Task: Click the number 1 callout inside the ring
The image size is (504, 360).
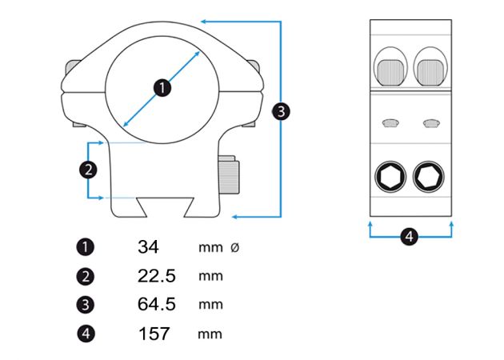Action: [162, 87]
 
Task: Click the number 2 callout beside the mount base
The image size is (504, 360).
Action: [89, 169]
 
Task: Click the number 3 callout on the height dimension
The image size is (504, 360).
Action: [281, 111]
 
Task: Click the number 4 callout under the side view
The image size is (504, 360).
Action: [409, 236]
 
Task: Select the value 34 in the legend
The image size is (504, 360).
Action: [149, 247]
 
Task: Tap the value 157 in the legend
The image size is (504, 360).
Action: [154, 334]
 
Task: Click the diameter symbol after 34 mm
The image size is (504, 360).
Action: [234, 248]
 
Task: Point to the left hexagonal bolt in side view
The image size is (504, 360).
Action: [390, 177]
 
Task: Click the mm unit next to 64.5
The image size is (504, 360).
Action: [210, 305]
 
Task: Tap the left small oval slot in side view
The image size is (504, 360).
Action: [390, 122]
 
